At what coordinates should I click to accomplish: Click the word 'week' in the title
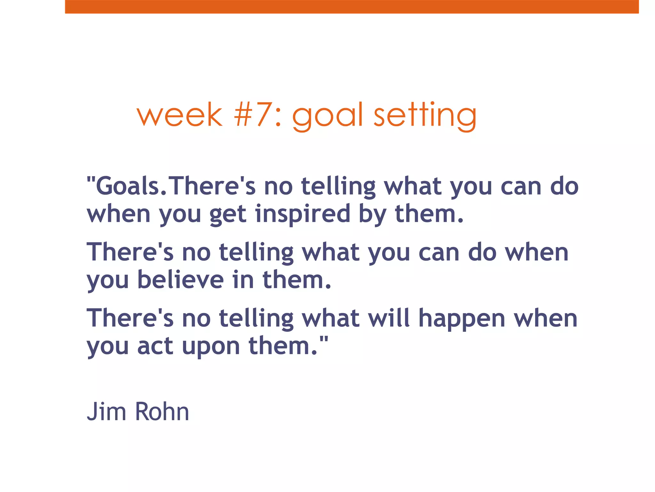tap(179, 115)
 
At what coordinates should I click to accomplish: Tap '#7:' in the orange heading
tap(258, 115)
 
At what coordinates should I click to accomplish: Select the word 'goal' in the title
tap(328, 116)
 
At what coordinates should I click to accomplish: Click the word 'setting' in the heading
tap(425, 116)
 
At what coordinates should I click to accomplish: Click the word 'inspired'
tap(303, 214)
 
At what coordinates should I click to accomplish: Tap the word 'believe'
tap(181, 280)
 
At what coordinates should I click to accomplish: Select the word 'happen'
tap(462, 319)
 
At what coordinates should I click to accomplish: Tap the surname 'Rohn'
tap(162, 412)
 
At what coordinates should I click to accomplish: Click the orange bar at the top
tap(352, 6)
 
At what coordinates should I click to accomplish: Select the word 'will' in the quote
tap(389, 318)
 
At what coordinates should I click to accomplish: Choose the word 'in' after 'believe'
tap(243, 280)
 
